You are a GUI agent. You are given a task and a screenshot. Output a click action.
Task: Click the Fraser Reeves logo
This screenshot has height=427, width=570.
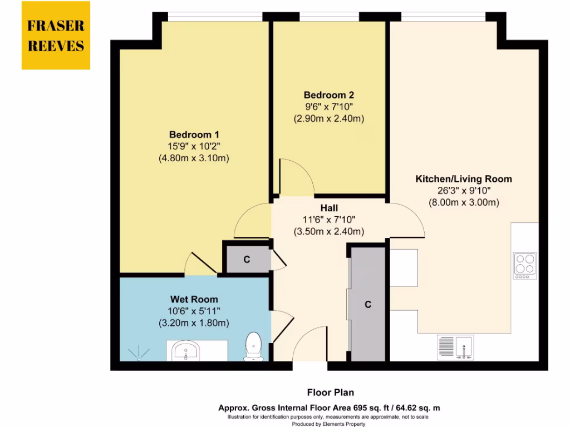click(56, 36)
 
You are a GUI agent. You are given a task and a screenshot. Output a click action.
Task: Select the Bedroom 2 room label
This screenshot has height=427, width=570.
click(328, 95)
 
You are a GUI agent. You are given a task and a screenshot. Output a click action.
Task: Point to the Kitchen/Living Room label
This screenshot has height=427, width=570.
click(463, 179)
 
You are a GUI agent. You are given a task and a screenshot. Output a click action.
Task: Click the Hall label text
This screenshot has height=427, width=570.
click(328, 208)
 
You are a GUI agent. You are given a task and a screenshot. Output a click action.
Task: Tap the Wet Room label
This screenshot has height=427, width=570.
click(194, 299)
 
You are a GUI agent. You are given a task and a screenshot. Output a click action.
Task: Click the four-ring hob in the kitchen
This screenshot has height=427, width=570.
click(524, 265)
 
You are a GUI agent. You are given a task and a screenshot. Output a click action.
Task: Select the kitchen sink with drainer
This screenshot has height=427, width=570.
click(455, 347)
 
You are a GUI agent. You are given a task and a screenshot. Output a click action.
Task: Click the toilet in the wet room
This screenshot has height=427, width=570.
click(253, 346)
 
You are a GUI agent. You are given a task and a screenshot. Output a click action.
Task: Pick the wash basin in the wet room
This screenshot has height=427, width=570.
click(186, 351)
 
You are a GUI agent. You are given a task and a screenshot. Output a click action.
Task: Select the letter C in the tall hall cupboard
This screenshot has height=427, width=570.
click(367, 305)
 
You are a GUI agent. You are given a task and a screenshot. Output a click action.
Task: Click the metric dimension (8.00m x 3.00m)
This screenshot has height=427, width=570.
click(463, 202)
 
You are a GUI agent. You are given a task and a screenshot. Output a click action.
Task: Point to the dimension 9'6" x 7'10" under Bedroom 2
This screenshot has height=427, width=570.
click(328, 107)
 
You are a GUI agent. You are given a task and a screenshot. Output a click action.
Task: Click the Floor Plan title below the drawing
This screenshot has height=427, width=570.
click(330, 393)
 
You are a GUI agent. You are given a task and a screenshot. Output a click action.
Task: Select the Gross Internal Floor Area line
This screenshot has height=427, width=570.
click(330, 408)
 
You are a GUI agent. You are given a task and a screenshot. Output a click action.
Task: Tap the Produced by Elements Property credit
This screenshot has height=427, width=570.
click(330, 424)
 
